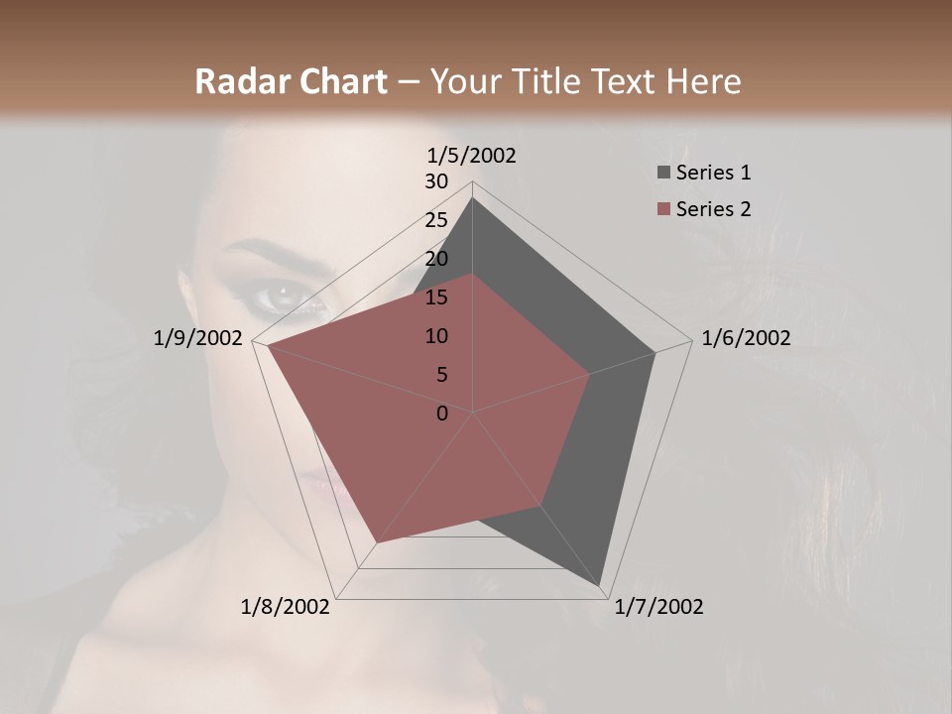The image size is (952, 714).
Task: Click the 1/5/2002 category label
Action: pos(471,156)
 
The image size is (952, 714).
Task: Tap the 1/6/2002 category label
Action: pos(746,338)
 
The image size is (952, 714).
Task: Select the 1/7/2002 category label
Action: pos(658,607)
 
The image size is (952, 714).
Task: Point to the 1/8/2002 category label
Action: pos(286,607)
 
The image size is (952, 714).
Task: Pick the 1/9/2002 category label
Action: pos(198,338)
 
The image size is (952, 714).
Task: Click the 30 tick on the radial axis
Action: pos(436,181)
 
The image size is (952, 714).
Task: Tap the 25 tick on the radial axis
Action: pos(436,220)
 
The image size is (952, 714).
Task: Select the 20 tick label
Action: pos(436,259)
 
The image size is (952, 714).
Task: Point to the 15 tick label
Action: pos(436,297)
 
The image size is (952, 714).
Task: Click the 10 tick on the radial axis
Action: pos(436,336)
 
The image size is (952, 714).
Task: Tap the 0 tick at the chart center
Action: pos(442,414)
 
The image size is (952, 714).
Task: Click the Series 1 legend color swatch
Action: pos(663,174)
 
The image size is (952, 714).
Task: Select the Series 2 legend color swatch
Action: pos(663,209)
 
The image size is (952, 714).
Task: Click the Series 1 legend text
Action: pos(713,173)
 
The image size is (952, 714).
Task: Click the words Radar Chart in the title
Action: pos(291,82)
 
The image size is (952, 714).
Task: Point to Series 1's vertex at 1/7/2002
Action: pos(601,586)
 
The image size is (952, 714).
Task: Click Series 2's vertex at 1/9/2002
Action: pos(268,347)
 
